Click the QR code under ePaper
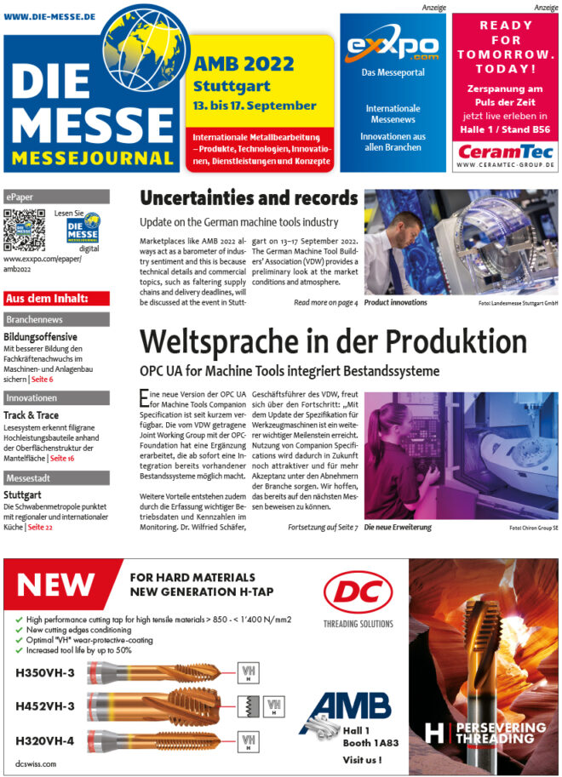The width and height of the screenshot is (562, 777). coord(24,230)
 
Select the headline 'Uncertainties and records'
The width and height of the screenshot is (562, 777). coord(248,199)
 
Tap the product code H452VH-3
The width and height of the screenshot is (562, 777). coord(45,706)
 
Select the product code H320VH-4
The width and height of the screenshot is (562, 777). coord(45,740)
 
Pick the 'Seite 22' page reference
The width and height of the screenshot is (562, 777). coord(40,528)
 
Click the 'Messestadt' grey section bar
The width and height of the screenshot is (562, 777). coord(56,477)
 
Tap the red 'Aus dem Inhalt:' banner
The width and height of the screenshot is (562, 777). coord(56,298)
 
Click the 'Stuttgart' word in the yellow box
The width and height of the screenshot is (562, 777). coord(232,86)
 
